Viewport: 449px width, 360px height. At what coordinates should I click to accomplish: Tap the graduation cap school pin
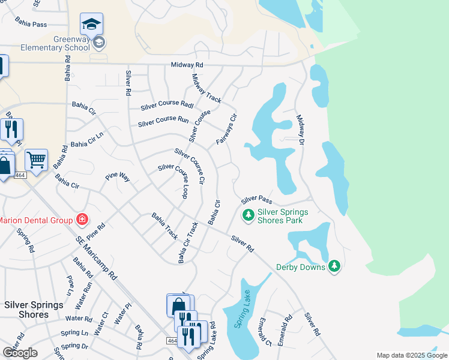tap(91, 24)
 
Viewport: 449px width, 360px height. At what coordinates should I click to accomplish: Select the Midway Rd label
tap(187, 65)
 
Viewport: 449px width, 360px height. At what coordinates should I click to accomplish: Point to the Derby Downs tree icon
tap(334, 266)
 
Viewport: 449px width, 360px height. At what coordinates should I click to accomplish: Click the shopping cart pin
tap(36, 160)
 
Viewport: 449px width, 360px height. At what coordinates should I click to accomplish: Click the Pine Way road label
tap(117, 177)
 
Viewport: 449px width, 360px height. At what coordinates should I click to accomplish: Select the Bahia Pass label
tap(32, 25)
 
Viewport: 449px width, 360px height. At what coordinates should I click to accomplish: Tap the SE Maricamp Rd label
tap(96, 257)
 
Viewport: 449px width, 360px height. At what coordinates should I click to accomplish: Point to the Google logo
tap(20, 353)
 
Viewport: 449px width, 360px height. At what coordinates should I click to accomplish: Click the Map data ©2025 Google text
tap(412, 355)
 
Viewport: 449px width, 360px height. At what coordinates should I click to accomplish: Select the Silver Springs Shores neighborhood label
tap(34, 310)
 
